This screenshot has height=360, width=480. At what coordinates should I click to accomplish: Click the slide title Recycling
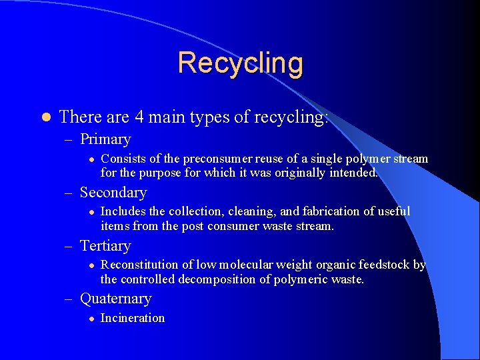[240, 63]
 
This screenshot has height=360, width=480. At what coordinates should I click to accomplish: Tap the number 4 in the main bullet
[139, 117]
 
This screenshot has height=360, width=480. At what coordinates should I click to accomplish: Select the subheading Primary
[105, 139]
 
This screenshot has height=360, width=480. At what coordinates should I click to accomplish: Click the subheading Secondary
[113, 193]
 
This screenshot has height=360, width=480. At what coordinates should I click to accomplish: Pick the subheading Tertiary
[105, 246]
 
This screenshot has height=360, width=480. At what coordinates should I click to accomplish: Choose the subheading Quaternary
[115, 299]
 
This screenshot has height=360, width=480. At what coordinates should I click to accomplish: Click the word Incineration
[132, 318]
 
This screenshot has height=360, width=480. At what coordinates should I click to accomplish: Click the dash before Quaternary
[71, 299]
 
